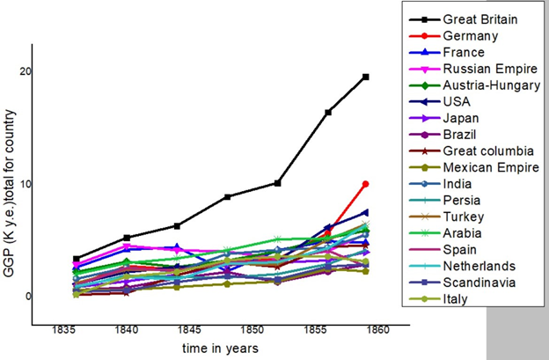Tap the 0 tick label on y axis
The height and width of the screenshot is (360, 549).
[x=27, y=297]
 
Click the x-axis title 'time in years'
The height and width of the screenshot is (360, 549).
[x=222, y=349]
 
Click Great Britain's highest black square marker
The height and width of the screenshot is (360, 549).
[x=365, y=77]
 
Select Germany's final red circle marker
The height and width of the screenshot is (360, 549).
[x=365, y=184]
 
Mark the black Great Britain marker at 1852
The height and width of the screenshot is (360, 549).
[x=278, y=183]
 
